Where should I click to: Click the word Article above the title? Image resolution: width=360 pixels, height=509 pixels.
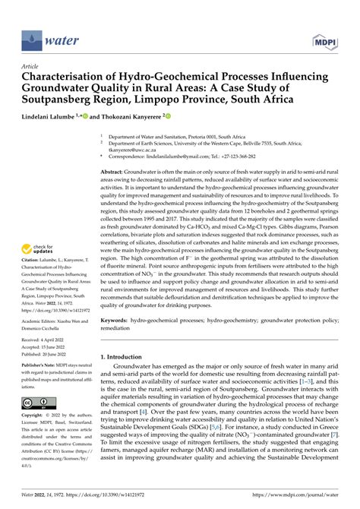pos(31,67)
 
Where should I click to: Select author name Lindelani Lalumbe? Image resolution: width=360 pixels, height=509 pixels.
pos(54,118)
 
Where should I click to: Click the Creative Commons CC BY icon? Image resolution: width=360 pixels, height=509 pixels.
pos(37,402)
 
